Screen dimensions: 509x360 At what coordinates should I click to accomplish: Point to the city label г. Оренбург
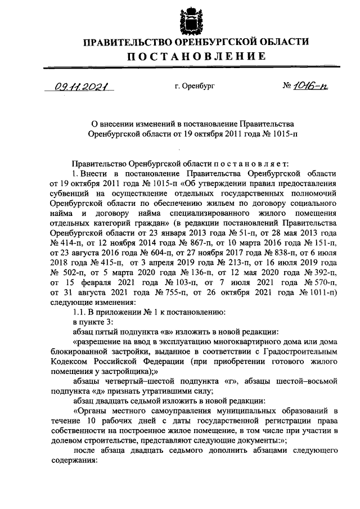coord(195,87)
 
